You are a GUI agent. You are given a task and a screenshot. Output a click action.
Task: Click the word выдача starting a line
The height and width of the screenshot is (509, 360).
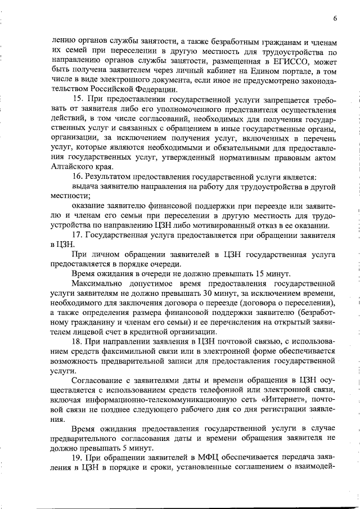point(85,187)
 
